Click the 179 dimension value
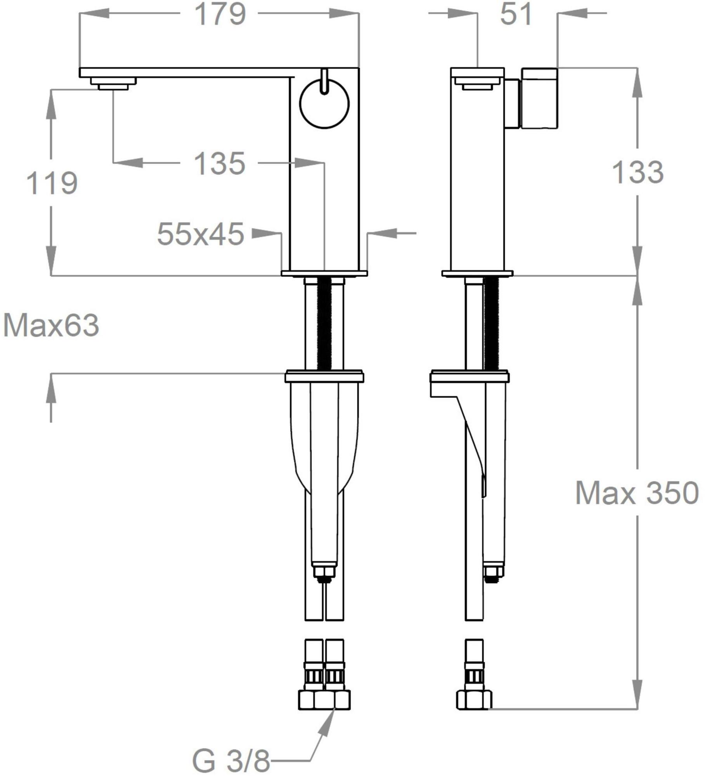220,15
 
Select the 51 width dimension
516,15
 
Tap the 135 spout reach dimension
219,164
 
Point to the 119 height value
52,183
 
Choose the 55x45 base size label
200,234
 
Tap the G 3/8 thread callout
230,761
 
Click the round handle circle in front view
324,104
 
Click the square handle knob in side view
539,98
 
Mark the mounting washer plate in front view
324,377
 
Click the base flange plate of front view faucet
324,274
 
